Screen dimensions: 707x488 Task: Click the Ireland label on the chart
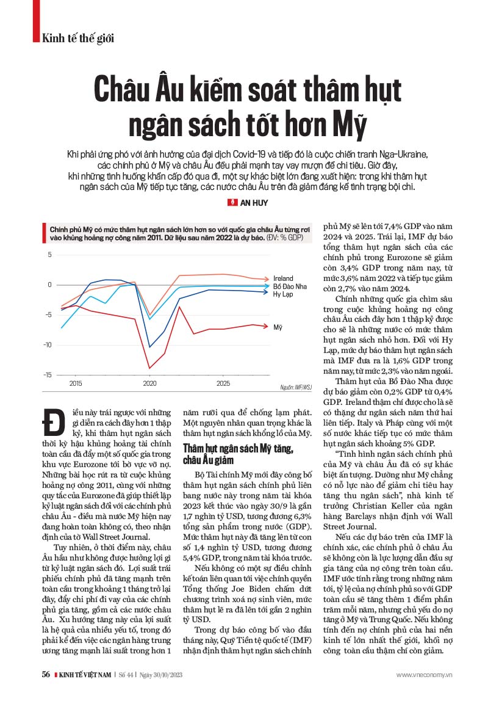(x=282, y=278)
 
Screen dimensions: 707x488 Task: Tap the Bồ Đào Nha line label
(x=289, y=286)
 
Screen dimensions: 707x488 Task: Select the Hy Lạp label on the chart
(x=282, y=294)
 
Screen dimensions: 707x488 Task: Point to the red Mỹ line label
(x=278, y=327)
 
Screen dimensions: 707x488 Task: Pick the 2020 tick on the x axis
(x=149, y=384)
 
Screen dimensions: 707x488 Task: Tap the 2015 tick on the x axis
(x=76, y=384)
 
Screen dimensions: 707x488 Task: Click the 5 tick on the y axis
(x=49, y=255)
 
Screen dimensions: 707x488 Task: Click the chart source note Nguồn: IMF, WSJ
(x=296, y=387)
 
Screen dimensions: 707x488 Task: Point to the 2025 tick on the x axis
(x=223, y=384)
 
